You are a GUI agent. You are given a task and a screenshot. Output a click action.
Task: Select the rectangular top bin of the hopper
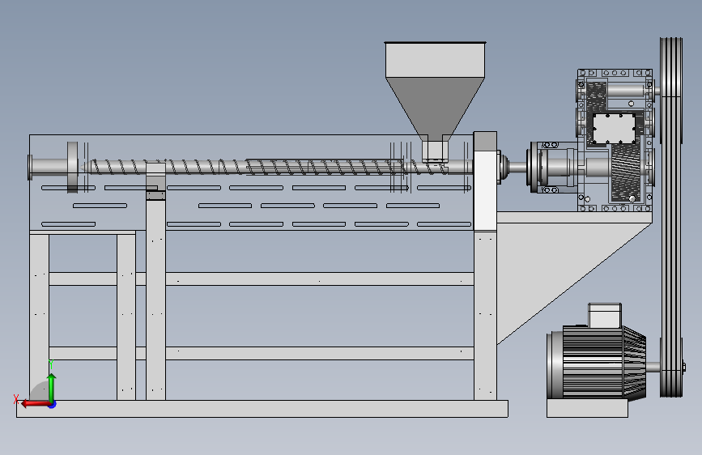[x=435, y=60]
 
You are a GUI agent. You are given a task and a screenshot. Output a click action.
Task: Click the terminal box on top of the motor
[x=604, y=315]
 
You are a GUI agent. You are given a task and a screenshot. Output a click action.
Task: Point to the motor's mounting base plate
[x=587, y=408]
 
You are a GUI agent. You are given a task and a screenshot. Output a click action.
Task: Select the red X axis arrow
[x=35, y=404]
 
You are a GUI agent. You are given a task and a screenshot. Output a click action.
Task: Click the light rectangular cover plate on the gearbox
[x=615, y=129]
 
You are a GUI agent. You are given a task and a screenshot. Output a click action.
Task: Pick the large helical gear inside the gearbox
[x=625, y=173]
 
